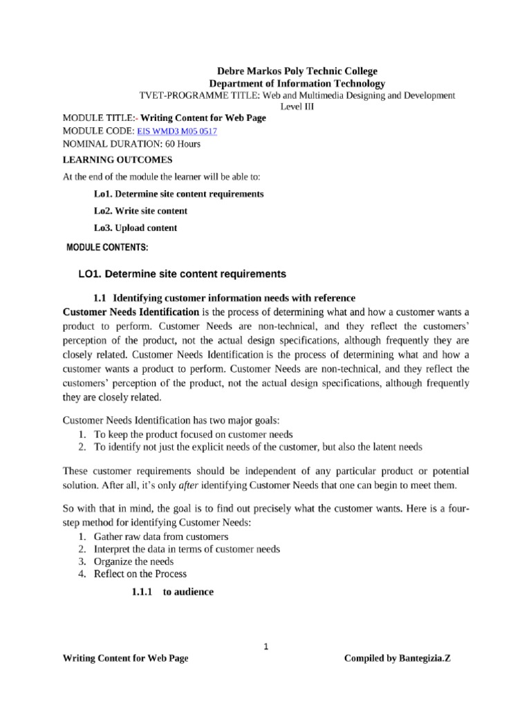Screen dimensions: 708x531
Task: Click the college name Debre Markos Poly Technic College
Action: point(298,71)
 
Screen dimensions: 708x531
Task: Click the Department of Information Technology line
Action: point(297,83)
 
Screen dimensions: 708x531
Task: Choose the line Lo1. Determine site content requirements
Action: point(178,194)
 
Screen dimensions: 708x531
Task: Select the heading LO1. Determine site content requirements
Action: point(182,274)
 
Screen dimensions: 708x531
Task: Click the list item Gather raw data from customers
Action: point(161,536)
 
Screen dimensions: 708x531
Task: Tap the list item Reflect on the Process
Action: point(140,573)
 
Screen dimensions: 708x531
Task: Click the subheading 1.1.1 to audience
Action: point(172,592)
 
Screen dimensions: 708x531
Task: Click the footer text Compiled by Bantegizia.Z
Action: point(397,658)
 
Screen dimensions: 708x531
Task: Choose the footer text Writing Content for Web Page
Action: point(125,658)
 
